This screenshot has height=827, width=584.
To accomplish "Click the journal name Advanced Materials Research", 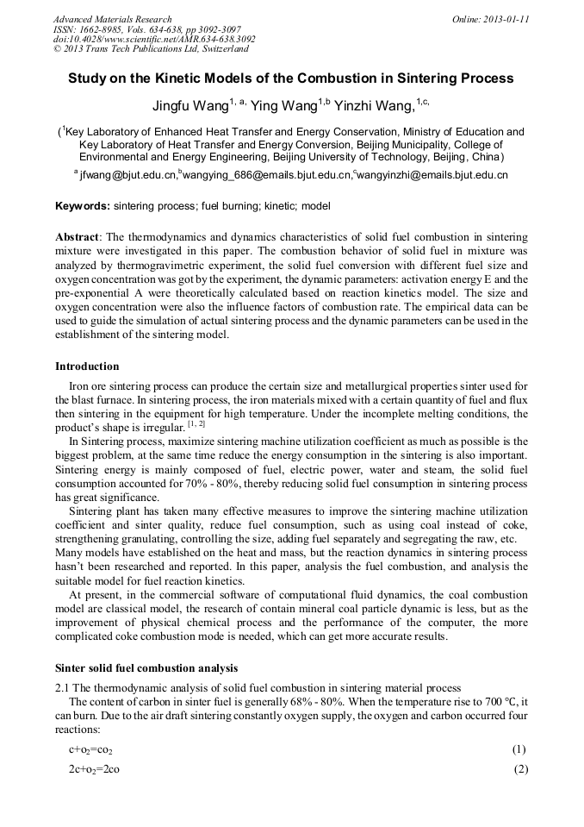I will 112,19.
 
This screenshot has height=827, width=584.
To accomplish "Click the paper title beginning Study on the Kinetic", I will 291,78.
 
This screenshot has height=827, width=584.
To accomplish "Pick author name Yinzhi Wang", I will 374,106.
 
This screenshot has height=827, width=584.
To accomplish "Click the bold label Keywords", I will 82,207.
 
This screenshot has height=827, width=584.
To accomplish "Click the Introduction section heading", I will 87,367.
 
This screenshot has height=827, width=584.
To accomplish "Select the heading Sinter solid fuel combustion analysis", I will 146,668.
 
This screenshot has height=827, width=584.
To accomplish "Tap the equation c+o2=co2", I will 90,749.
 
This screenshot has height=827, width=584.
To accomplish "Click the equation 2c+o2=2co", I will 94,768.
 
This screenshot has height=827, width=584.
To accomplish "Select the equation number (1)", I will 519,749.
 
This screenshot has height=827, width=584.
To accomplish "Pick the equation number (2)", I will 520,768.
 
